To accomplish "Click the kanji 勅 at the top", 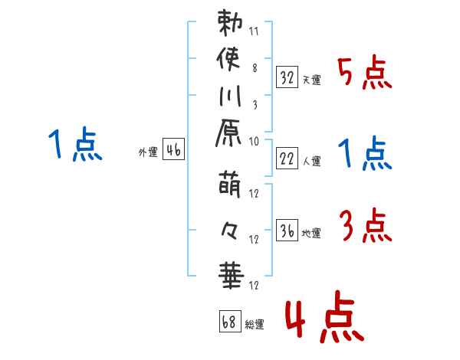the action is [230, 24].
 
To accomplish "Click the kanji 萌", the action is [230, 187].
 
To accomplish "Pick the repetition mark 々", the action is [230, 228].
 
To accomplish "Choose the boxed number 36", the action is [286, 230].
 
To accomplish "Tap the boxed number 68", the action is [228, 320].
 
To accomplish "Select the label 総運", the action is [255, 325].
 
